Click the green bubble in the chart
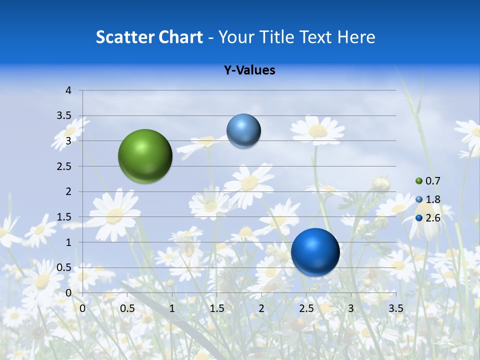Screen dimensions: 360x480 [x=145, y=156]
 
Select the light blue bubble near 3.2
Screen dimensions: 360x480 [x=243, y=131]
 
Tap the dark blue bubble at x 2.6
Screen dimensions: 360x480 [x=315, y=252]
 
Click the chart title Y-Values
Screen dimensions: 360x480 [x=249, y=70]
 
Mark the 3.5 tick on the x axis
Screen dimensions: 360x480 [x=395, y=308]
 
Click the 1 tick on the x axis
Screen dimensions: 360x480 [x=172, y=308]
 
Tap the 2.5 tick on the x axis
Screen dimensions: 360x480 [x=306, y=308]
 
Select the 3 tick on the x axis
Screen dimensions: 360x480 [x=351, y=308]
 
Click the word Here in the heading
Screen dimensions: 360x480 [x=355, y=37]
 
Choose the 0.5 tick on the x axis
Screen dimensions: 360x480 [x=127, y=308]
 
